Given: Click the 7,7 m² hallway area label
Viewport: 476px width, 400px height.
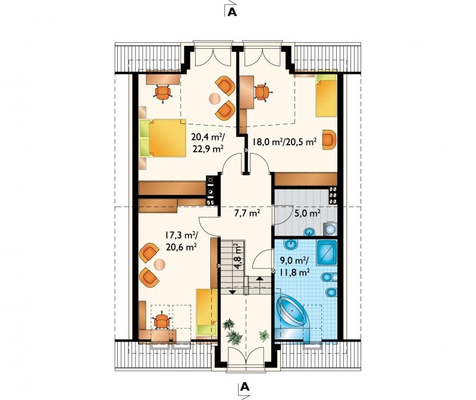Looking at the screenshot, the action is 247,213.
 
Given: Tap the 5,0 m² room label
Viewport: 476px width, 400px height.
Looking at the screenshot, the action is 307,213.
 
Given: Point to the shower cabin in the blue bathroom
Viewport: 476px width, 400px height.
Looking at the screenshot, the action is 327,253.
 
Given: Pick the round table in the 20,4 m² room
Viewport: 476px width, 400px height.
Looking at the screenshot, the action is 215,98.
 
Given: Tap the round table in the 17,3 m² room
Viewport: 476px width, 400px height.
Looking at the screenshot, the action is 159,264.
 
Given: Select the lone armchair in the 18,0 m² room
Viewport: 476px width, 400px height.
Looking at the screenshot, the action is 330,139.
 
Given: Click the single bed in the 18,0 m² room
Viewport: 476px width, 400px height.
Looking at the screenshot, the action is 326,95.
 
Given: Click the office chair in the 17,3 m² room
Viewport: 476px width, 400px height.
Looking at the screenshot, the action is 161,321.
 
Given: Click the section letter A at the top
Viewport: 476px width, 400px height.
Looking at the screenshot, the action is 232,11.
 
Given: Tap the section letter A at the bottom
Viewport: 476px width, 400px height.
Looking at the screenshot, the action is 245,387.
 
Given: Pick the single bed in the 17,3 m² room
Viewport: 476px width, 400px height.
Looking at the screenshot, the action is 206,312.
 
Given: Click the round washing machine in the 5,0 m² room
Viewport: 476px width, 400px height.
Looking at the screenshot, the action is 330,229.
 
